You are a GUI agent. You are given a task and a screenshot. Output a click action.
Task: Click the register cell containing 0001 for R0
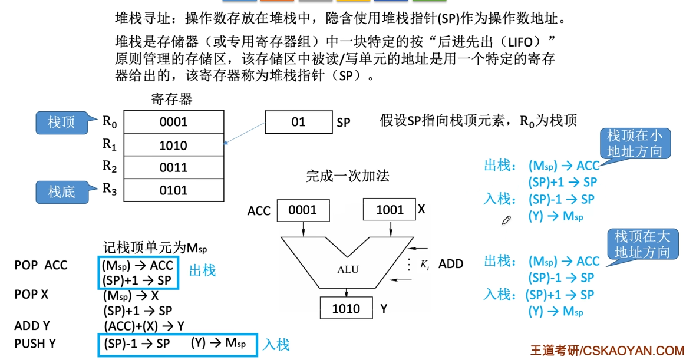tap(173, 122)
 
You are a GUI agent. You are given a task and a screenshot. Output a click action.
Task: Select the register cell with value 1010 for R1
tap(173, 146)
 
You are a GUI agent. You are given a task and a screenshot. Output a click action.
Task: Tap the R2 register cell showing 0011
tap(173, 168)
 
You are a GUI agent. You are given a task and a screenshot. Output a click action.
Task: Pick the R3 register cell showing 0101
tap(173, 190)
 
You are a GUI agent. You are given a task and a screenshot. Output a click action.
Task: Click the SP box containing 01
tap(298, 122)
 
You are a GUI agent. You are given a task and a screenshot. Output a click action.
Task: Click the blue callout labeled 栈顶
tap(61, 123)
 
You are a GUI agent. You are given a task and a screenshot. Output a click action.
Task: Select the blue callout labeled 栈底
tap(61, 191)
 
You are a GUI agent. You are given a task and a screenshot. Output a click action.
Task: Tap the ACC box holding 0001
tap(303, 210)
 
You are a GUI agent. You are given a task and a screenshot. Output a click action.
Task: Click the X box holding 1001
tap(390, 210)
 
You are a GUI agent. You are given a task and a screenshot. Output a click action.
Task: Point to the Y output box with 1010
tap(346, 308)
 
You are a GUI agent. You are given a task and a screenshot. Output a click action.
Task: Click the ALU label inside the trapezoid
tap(348, 270)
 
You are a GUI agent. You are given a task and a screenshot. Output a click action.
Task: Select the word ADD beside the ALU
tap(451, 264)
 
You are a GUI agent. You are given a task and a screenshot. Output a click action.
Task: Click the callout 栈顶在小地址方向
tap(634, 144)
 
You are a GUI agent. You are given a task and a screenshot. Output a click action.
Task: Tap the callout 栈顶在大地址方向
tap(642, 245)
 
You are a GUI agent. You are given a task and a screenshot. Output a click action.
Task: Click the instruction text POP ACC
tap(41, 266)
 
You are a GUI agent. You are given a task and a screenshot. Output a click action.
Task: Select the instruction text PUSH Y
tap(35, 344)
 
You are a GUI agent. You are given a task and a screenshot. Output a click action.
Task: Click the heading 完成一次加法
tap(348, 176)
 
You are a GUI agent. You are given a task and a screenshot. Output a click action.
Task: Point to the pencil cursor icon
tap(506, 220)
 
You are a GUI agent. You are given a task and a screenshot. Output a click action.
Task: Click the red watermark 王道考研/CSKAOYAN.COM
tap(607, 350)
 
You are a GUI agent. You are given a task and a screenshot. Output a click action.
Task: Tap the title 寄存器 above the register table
tap(171, 99)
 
